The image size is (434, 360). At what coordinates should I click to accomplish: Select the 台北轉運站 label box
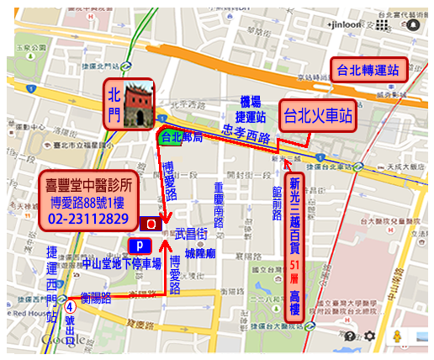pos(368,69)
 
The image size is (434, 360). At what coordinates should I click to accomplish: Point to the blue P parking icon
pos(140,245)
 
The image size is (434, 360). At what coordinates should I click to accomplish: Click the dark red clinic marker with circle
pos(151,225)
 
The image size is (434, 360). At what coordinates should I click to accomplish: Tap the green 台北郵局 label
pos(178,136)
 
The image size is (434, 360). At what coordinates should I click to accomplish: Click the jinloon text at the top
pos(345,25)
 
